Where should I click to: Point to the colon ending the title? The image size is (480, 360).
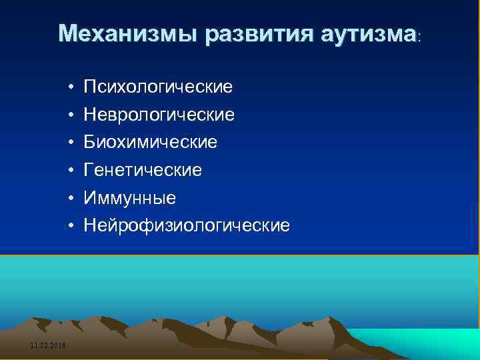[x=419, y=38]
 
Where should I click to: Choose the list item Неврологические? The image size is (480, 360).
[x=159, y=115]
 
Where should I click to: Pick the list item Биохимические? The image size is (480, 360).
[x=151, y=143]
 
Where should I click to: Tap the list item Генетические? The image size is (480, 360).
[x=143, y=171]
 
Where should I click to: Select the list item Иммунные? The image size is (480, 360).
[x=130, y=199]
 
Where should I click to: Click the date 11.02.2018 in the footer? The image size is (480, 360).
[x=48, y=345]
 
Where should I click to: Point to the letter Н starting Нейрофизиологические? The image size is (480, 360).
[x=90, y=226]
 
